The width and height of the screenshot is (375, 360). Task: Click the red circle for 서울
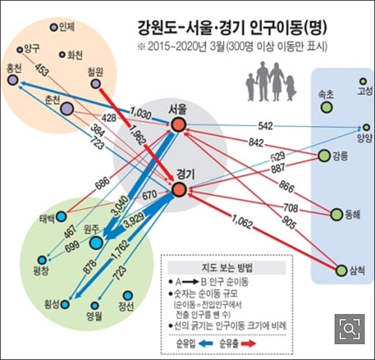click(x=178, y=124)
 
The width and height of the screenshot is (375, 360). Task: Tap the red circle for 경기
click(x=179, y=189)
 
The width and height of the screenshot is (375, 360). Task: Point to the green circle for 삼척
click(x=342, y=270)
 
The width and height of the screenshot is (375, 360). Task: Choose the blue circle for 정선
click(x=127, y=296)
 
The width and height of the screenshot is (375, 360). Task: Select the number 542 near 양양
click(x=265, y=125)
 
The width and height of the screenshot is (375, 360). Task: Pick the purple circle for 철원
click(x=96, y=84)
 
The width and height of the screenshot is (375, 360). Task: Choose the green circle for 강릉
click(x=324, y=155)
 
